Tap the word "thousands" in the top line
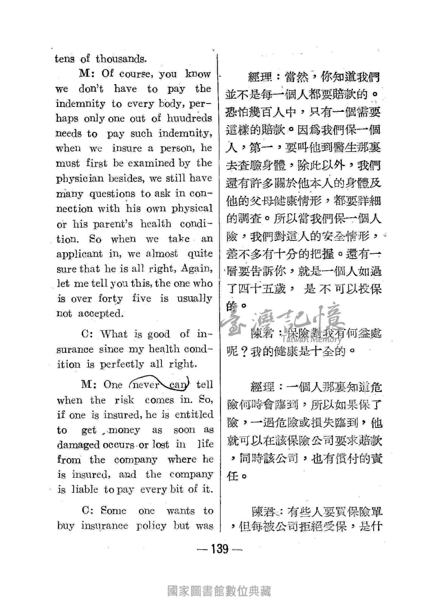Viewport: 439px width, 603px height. coord(120,59)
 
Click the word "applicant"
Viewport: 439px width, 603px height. coord(79,254)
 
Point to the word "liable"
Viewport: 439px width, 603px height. coord(85,490)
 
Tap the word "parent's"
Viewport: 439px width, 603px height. coord(113,224)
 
